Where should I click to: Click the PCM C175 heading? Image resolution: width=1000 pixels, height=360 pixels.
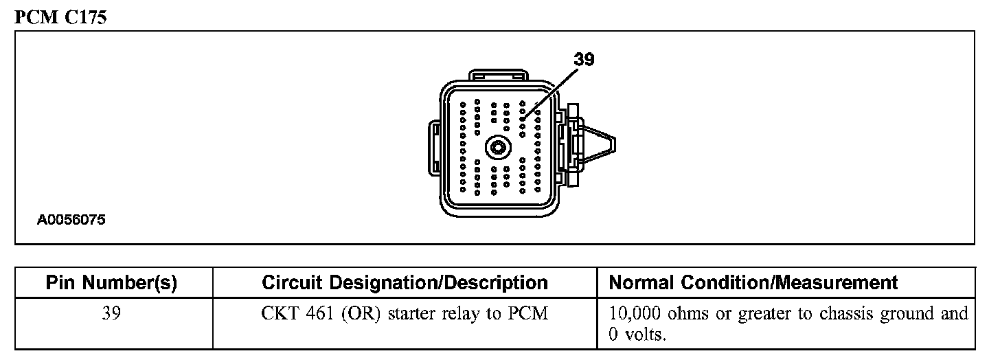coord(60,18)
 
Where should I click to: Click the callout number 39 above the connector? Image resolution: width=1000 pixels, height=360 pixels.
coord(584,60)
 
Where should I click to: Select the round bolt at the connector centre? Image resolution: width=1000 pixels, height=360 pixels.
coord(497,147)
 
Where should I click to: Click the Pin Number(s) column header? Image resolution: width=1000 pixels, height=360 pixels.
coord(111,282)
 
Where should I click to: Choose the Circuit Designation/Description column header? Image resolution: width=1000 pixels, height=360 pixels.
coord(405,282)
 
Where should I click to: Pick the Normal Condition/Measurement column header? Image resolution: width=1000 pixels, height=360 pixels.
coord(753,282)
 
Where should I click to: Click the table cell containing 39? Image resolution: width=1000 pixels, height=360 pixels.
coord(111,313)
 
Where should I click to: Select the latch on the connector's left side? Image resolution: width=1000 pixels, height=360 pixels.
coord(435,146)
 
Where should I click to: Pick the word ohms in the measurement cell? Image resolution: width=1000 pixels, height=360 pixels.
coord(690,313)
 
